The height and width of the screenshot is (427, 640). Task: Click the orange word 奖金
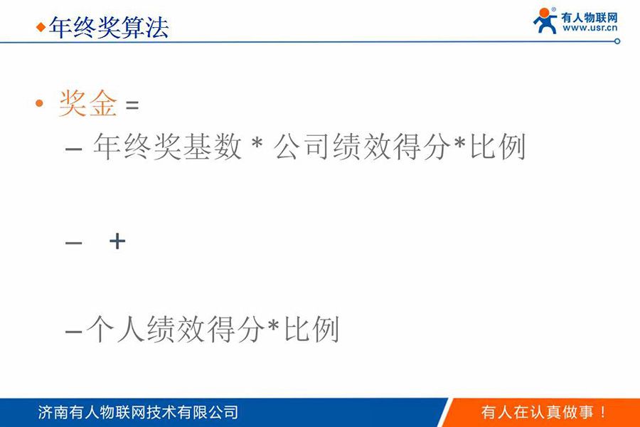pyautogui.click(x=87, y=104)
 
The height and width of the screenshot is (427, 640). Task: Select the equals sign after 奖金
pyautogui.click(x=132, y=105)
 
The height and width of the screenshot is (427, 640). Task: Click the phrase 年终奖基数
pyautogui.click(x=166, y=147)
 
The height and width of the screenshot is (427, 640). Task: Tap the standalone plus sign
pyautogui.click(x=117, y=241)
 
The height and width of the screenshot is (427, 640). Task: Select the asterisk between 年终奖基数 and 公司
pyautogui.click(x=257, y=147)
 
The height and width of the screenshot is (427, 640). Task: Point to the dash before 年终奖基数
pyautogui.click(x=73, y=149)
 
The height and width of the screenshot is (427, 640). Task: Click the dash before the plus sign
pyautogui.click(x=73, y=243)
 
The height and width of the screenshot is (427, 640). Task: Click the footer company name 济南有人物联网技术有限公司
pyautogui.click(x=138, y=412)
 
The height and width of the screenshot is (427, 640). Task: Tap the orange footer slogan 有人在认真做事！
pyautogui.click(x=544, y=412)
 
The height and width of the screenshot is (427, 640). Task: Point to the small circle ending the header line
pyautogui.click(x=617, y=41)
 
